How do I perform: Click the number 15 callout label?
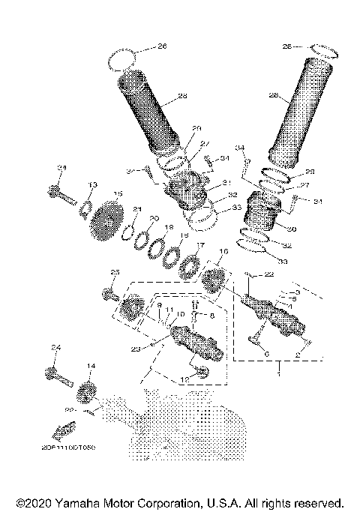tap(117, 193)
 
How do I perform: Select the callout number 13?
tap(92, 184)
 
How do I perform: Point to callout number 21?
tap(136, 209)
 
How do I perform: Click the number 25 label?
tap(115, 271)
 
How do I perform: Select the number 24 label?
tap(55, 348)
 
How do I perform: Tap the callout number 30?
tap(291, 229)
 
